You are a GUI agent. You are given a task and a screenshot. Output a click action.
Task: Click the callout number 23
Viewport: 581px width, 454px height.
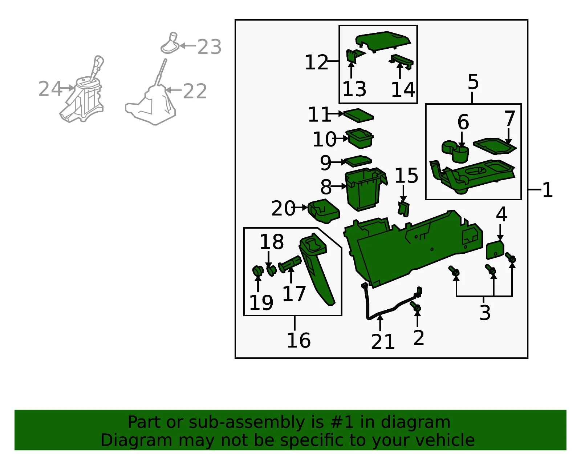210,47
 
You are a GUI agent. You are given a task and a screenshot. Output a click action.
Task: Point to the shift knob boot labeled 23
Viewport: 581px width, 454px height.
170,43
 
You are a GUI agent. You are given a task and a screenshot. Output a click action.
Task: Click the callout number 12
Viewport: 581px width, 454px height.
316,62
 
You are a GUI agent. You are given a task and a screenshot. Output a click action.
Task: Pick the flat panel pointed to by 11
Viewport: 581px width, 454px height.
358,116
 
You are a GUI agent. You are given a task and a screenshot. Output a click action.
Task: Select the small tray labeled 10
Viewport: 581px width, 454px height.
359,138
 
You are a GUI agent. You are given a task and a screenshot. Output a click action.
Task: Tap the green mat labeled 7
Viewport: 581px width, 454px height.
495,146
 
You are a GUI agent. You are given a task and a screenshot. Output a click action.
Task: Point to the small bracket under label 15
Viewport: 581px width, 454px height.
403,209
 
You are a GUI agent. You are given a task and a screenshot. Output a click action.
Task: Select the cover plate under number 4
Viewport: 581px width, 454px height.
495,250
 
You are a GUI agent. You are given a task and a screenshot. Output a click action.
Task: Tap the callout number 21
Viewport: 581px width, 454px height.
383,342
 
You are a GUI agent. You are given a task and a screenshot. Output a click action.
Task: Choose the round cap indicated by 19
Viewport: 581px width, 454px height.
258,271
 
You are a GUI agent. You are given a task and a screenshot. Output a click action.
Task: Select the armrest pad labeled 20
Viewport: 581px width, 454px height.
324,211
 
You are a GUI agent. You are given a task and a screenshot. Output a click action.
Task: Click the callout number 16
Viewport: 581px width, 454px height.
298,340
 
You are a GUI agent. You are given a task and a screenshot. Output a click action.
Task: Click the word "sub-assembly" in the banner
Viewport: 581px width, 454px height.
247,422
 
